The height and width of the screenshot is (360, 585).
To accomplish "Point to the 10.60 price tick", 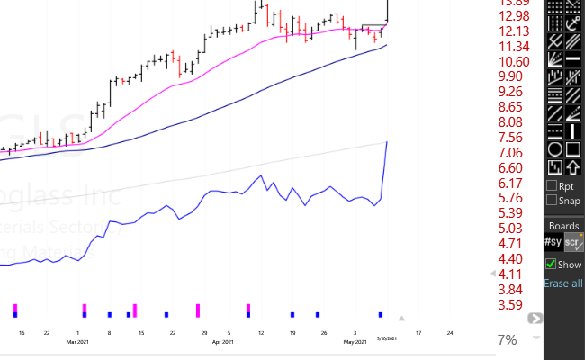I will (x=515, y=61).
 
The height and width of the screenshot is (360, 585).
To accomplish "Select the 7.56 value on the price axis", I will (x=515, y=138).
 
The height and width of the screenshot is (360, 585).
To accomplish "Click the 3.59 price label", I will (x=515, y=304).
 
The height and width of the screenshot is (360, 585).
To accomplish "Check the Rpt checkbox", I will (x=552, y=186).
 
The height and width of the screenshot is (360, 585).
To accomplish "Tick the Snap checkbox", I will (x=552, y=201).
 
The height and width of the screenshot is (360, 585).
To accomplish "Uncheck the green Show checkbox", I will (x=552, y=265).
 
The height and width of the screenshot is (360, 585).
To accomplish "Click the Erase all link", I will (x=563, y=283).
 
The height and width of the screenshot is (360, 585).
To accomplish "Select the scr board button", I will (x=573, y=242).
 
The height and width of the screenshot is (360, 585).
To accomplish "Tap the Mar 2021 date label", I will (x=76, y=342).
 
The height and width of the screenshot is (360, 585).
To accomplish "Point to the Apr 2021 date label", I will (x=222, y=342).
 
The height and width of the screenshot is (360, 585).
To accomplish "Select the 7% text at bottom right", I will (x=507, y=340).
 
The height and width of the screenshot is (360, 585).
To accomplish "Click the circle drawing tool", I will (x=555, y=149).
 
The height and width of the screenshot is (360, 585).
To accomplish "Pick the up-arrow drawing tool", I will (x=573, y=166).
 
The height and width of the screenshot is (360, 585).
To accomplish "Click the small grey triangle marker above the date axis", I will (x=402, y=318).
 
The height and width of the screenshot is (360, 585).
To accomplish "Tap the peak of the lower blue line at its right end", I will (x=387, y=142).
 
